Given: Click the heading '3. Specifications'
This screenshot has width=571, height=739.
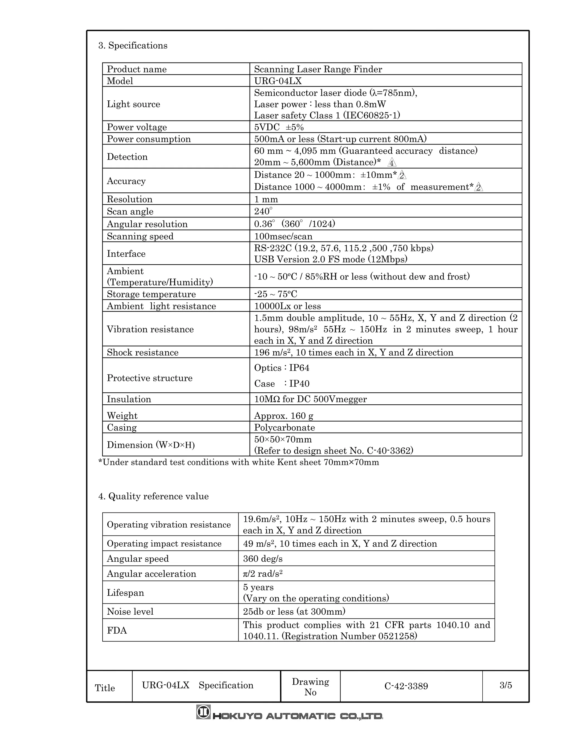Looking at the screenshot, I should pos(133,45).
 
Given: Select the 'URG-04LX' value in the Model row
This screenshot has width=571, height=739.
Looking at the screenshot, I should pos(278,81).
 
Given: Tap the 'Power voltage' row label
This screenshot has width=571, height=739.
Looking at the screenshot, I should pos(137,127).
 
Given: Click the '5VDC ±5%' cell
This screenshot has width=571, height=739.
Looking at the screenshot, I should pos(279,127).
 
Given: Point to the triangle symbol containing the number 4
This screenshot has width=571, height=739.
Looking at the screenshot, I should pos(392,163).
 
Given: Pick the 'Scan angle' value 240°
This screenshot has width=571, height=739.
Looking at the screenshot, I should pos(263,211).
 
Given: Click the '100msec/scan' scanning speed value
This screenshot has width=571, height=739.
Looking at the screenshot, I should pos(283,236).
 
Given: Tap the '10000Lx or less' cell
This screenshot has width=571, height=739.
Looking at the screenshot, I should pos(287,306).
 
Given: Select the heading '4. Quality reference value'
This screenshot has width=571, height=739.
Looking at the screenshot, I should pos(153,496).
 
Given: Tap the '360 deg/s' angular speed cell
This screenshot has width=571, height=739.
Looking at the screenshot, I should pos(262,559).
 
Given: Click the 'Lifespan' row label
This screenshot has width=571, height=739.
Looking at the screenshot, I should pos(125,593).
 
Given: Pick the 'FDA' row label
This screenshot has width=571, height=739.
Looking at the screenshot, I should pos(117,631).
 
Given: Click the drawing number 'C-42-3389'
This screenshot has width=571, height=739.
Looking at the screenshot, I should pos(406,686).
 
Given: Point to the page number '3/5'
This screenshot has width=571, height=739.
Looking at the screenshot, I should pos(505,685).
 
